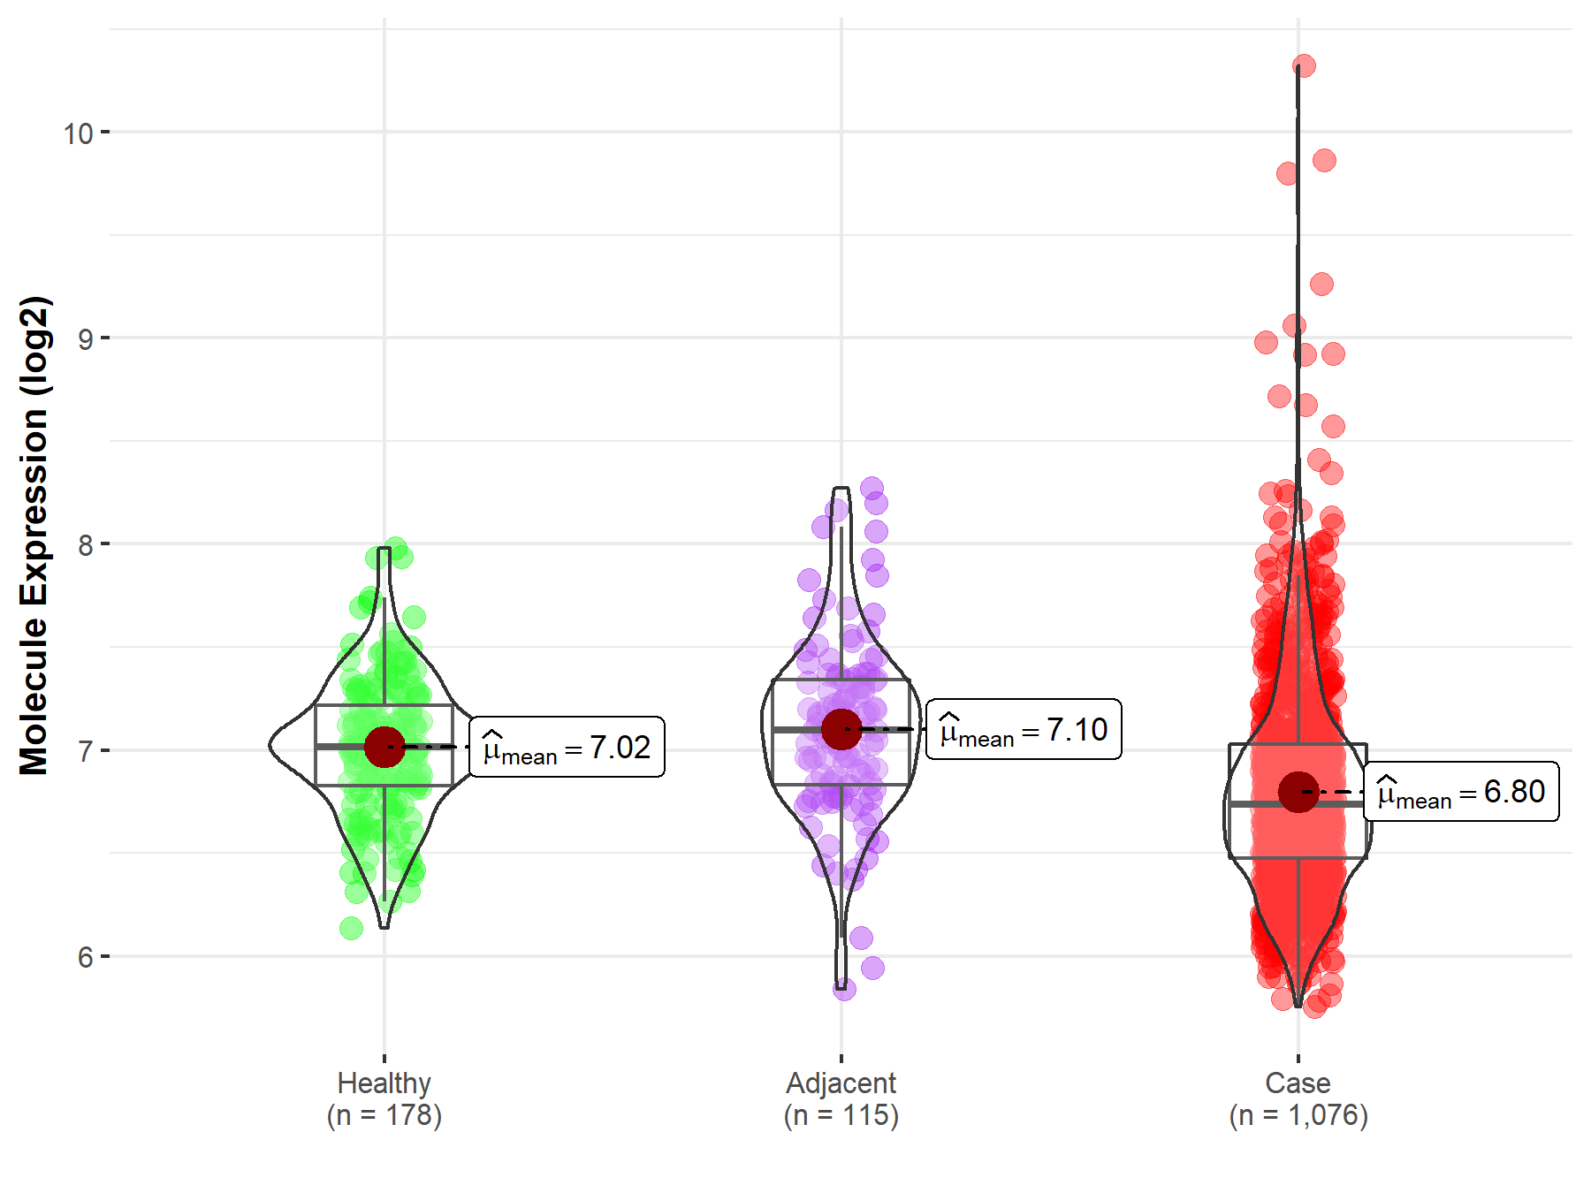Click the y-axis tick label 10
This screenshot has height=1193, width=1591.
78,133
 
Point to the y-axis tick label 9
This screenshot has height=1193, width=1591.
85,339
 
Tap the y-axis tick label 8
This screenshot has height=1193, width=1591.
85,545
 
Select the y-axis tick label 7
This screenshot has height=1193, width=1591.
85,751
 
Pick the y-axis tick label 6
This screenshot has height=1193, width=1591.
85,957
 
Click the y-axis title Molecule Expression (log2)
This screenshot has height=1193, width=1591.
34,536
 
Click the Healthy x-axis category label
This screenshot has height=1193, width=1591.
384,1083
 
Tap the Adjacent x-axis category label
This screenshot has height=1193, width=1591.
841,1083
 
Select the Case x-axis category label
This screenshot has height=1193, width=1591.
1298,1083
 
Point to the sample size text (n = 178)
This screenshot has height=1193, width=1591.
384,1115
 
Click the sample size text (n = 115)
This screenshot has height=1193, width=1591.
841,1115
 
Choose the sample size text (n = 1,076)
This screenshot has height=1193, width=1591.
1298,1115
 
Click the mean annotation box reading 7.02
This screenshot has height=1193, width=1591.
567,748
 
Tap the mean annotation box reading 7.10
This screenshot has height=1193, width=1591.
1024,730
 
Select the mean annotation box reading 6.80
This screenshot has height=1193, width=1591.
1461,792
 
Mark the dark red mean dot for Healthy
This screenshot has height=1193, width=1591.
384,748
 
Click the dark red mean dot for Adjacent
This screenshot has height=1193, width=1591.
841,730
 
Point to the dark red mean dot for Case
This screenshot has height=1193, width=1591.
1298,792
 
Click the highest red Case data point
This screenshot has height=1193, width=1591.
1304,65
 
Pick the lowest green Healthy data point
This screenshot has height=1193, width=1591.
351,928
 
